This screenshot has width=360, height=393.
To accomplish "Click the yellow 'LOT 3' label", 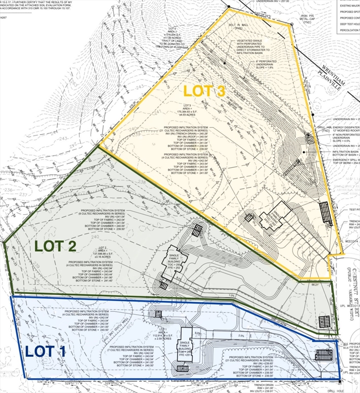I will click(x=204, y=91).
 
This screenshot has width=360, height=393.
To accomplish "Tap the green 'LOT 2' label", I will click(x=56, y=246).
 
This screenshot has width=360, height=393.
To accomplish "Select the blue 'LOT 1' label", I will click(x=46, y=352).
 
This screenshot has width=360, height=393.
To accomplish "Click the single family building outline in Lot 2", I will click(x=172, y=261).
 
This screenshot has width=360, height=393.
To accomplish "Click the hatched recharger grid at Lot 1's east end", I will click(x=327, y=355).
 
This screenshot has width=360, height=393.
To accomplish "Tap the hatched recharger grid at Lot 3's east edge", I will click(x=324, y=210).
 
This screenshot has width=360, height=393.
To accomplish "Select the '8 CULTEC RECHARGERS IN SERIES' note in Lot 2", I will click(x=104, y=213).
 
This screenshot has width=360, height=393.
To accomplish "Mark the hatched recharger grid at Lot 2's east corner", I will click(x=325, y=321).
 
